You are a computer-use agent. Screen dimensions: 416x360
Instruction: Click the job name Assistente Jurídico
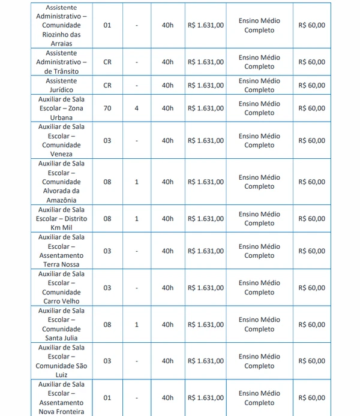(x=61, y=85)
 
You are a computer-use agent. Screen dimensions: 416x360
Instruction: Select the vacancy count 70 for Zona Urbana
(x=107, y=108)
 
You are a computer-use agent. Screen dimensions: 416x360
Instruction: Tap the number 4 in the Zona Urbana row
(x=137, y=108)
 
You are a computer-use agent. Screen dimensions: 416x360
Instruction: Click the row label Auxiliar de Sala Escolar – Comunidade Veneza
(x=61, y=141)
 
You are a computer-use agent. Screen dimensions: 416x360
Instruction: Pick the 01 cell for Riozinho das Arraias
(x=107, y=26)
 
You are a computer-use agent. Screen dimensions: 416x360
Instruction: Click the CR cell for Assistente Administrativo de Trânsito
(x=107, y=62)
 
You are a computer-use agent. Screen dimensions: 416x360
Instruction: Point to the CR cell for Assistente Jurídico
(x=107, y=86)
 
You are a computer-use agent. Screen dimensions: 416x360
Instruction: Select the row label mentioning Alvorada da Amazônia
(x=61, y=182)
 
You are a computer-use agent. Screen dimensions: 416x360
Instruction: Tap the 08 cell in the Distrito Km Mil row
(x=107, y=219)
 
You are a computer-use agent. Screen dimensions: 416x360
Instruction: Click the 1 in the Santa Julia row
(x=137, y=325)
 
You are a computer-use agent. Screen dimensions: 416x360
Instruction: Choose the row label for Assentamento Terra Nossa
(x=61, y=251)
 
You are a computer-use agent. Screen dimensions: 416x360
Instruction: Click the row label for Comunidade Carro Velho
(x=61, y=288)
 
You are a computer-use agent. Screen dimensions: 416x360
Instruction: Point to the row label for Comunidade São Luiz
(x=61, y=361)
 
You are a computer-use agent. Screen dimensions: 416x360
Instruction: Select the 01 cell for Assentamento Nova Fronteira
(x=107, y=398)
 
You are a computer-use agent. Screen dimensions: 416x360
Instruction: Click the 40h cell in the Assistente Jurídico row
(x=167, y=86)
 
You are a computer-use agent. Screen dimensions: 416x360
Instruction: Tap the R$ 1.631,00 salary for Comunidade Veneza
(x=205, y=141)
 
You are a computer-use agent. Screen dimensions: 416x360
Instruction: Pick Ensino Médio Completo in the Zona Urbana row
(x=259, y=108)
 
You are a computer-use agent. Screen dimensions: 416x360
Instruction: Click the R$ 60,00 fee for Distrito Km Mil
(x=311, y=219)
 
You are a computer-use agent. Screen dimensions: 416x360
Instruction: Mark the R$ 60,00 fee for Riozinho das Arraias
(x=311, y=26)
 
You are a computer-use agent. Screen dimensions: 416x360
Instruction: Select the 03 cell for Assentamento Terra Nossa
(x=107, y=251)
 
